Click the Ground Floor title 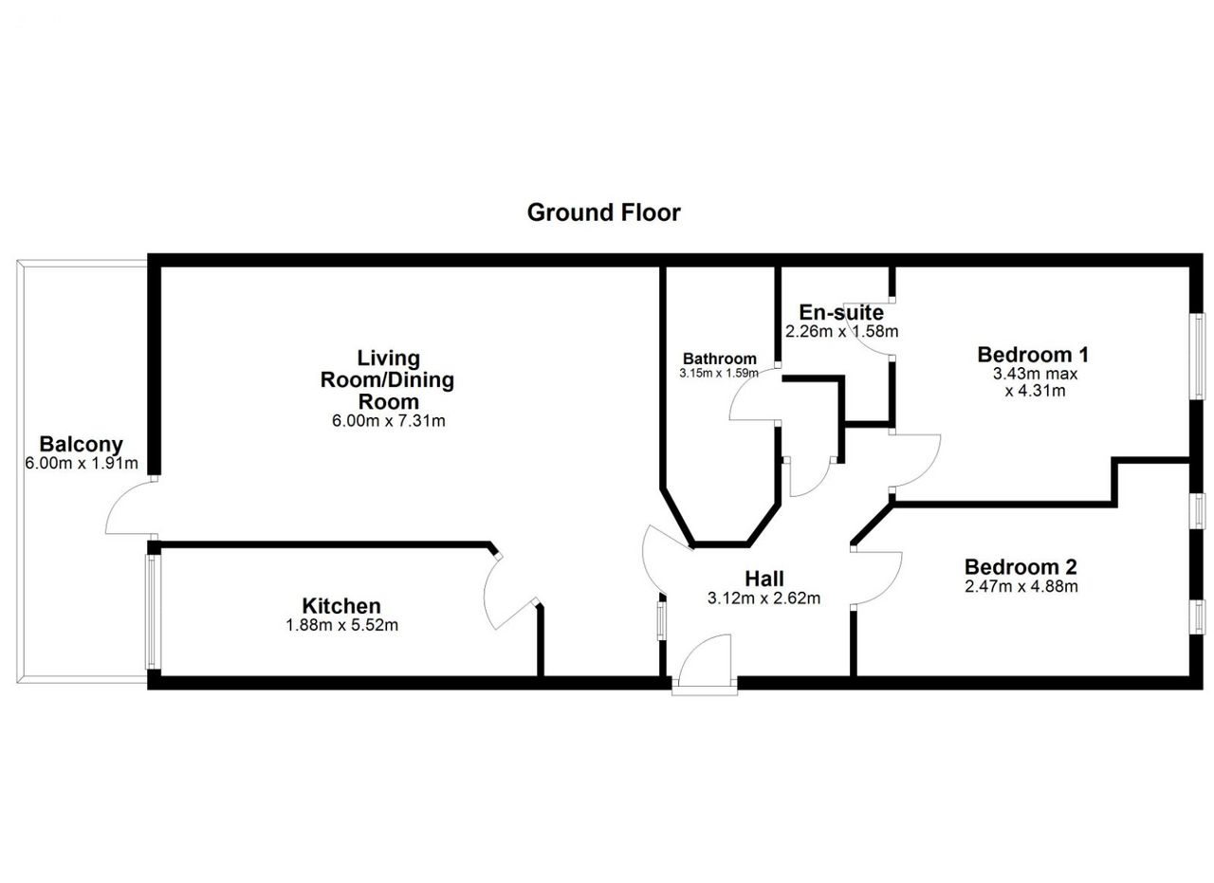click(603, 213)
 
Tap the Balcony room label click(82, 445)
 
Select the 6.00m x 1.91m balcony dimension click(82, 464)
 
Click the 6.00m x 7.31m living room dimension click(388, 420)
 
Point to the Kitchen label click(341, 606)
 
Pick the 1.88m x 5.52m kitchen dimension click(342, 625)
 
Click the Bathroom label click(719, 359)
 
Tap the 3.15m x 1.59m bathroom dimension click(719, 373)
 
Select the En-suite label click(841, 313)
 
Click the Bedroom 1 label click(1033, 355)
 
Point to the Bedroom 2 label click(1021, 567)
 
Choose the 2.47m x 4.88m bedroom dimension click(1021, 586)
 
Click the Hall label click(764, 579)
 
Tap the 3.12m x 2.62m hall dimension click(763, 598)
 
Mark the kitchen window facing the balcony click(151, 612)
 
